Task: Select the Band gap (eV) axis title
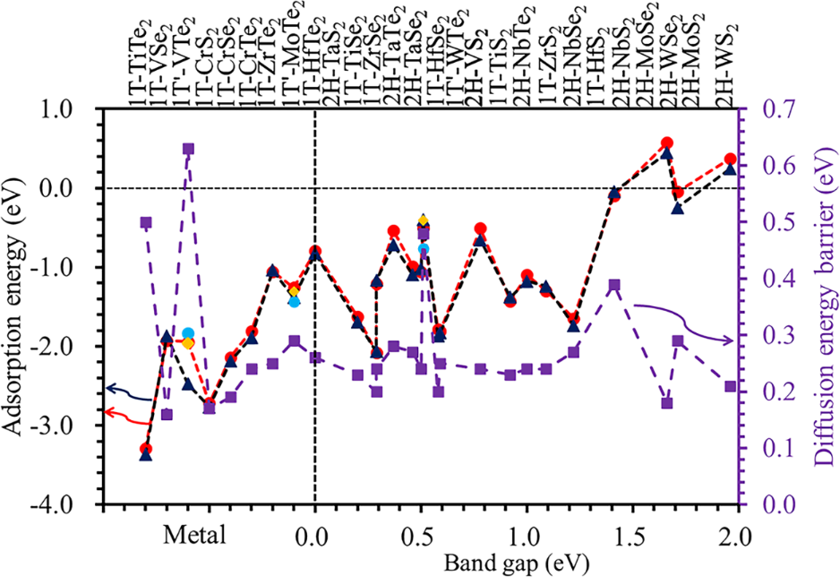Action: pyautogui.click(x=507, y=563)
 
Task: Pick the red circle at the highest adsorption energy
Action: pyautogui.click(x=666, y=143)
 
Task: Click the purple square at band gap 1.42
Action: pyautogui.click(x=614, y=285)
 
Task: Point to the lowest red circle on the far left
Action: pyautogui.click(x=146, y=448)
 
